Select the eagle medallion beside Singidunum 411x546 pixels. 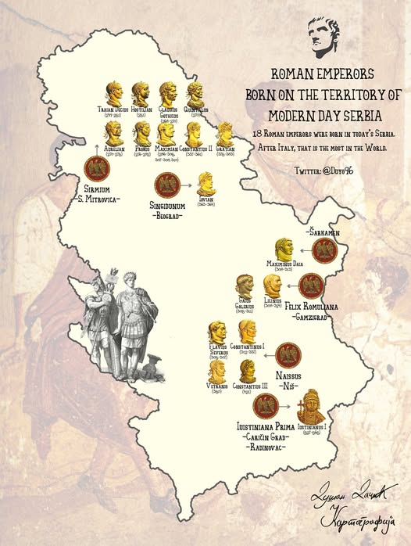pos(166,186)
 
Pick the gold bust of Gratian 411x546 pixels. pos(226,133)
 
